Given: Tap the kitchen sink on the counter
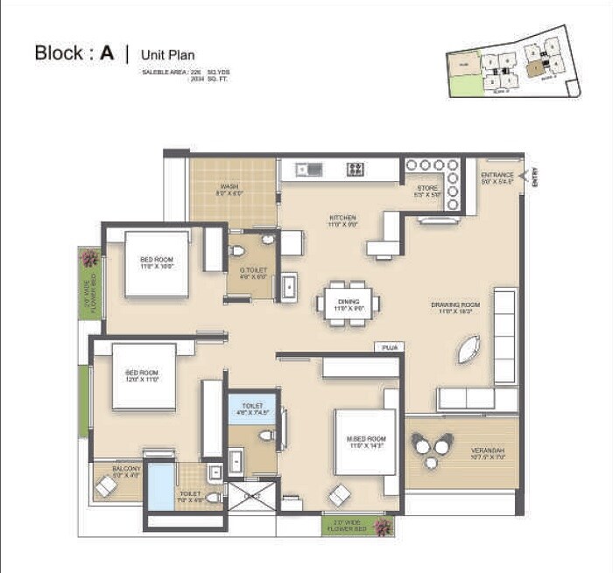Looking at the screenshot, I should (x=306, y=169).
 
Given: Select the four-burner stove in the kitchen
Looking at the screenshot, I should (x=355, y=169).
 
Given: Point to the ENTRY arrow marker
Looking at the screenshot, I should (x=526, y=178).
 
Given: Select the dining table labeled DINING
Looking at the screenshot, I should (x=348, y=303).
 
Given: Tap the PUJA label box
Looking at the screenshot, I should (x=389, y=347).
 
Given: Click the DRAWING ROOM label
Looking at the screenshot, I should (x=452, y=308).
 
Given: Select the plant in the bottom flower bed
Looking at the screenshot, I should (x=381, y=527).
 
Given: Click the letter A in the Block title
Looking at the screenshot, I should (x=107, y=52).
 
